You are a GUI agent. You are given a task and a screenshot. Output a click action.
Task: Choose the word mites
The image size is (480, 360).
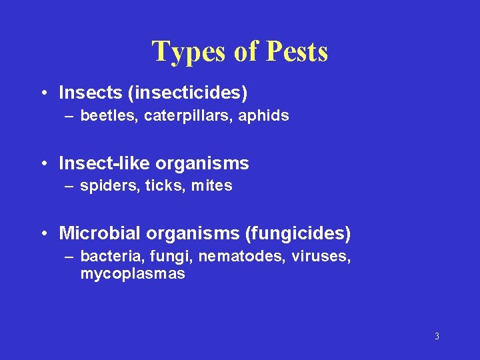pos(211,186)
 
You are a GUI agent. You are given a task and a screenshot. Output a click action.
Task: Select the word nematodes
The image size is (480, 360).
pos(248,257)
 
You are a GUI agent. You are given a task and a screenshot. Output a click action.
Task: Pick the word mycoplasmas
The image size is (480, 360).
pos(133,273)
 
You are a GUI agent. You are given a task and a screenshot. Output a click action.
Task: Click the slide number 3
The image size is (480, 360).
pos(437,336)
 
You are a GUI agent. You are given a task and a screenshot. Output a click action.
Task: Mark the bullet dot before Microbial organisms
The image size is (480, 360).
pos(43,234)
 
